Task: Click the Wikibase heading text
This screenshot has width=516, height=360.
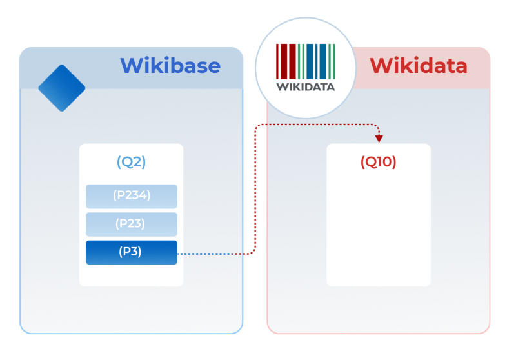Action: pyautogui.click(x=170, y=65)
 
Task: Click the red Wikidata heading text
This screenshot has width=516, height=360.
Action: pyautogui.click(x=418, y=65)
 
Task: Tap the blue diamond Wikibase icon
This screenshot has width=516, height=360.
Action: pyautogui.click(x=62, y=88)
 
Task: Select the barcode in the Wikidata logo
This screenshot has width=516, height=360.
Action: pyautogui.click(x=305, y=61)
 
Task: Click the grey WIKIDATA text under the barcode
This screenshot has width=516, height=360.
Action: pyautogui.click(x=305, y=87)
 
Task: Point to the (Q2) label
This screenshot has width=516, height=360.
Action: pyautogui.click(x=132, y=162)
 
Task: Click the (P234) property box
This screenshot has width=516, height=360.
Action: pyautogui.click(x=132, y=197)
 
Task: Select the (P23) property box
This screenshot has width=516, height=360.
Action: pyautogui.click(x=132, y=225)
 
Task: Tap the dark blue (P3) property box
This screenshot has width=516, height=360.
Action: pyautogui.click(x=132, y=252)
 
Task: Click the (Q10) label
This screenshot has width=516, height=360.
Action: pyautogui.click(x=379, y=162)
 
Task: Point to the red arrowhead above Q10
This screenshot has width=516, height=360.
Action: pyautogui.click(x=379, y=139)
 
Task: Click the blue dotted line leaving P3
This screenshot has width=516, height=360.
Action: pyautogui.click(x=204, y=254)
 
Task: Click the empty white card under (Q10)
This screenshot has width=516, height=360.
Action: pyautogui.click(x=379, y=227)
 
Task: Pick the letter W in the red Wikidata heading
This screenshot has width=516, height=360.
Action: pyautogui.click(x=382, y=66)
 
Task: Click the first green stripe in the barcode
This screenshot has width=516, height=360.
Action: pyautogui.click(x=299, y=61)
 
